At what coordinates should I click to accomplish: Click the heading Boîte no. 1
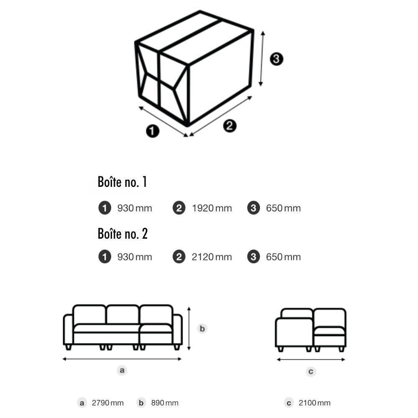[x=122, y=182]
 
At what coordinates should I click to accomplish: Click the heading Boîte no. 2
[x=122, y=234]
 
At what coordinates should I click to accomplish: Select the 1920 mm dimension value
[x=212, y=208]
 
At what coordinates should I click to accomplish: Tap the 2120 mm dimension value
[x=212, y=257]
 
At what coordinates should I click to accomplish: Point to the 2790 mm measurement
[x=108, y=403]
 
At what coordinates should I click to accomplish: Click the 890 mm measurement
[x=165, y=403]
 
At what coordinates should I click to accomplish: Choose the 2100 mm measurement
[x=315, y=403]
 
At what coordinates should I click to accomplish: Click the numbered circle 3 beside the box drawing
[x=276, y=59]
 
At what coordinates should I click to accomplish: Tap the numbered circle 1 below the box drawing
[x=153, y=131]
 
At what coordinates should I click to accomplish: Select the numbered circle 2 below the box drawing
[x=229, y=125]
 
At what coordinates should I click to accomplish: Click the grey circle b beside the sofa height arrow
[x=202, y=329]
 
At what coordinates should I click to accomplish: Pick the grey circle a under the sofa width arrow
[x=122, y=370]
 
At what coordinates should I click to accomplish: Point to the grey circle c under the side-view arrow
[x=311, y=371]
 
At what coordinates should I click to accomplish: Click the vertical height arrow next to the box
[x=262, y=59]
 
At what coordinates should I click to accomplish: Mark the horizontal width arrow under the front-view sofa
[x=122, y=359]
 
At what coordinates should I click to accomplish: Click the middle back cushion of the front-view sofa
[x=122, y=315]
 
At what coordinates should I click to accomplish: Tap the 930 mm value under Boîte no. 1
[x=135, y=208]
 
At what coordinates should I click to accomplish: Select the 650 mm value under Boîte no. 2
[x=283, y=257]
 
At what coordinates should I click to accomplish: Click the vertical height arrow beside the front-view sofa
[x=189, y=329]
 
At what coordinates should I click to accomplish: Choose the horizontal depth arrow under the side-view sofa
[x=311, y=359]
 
